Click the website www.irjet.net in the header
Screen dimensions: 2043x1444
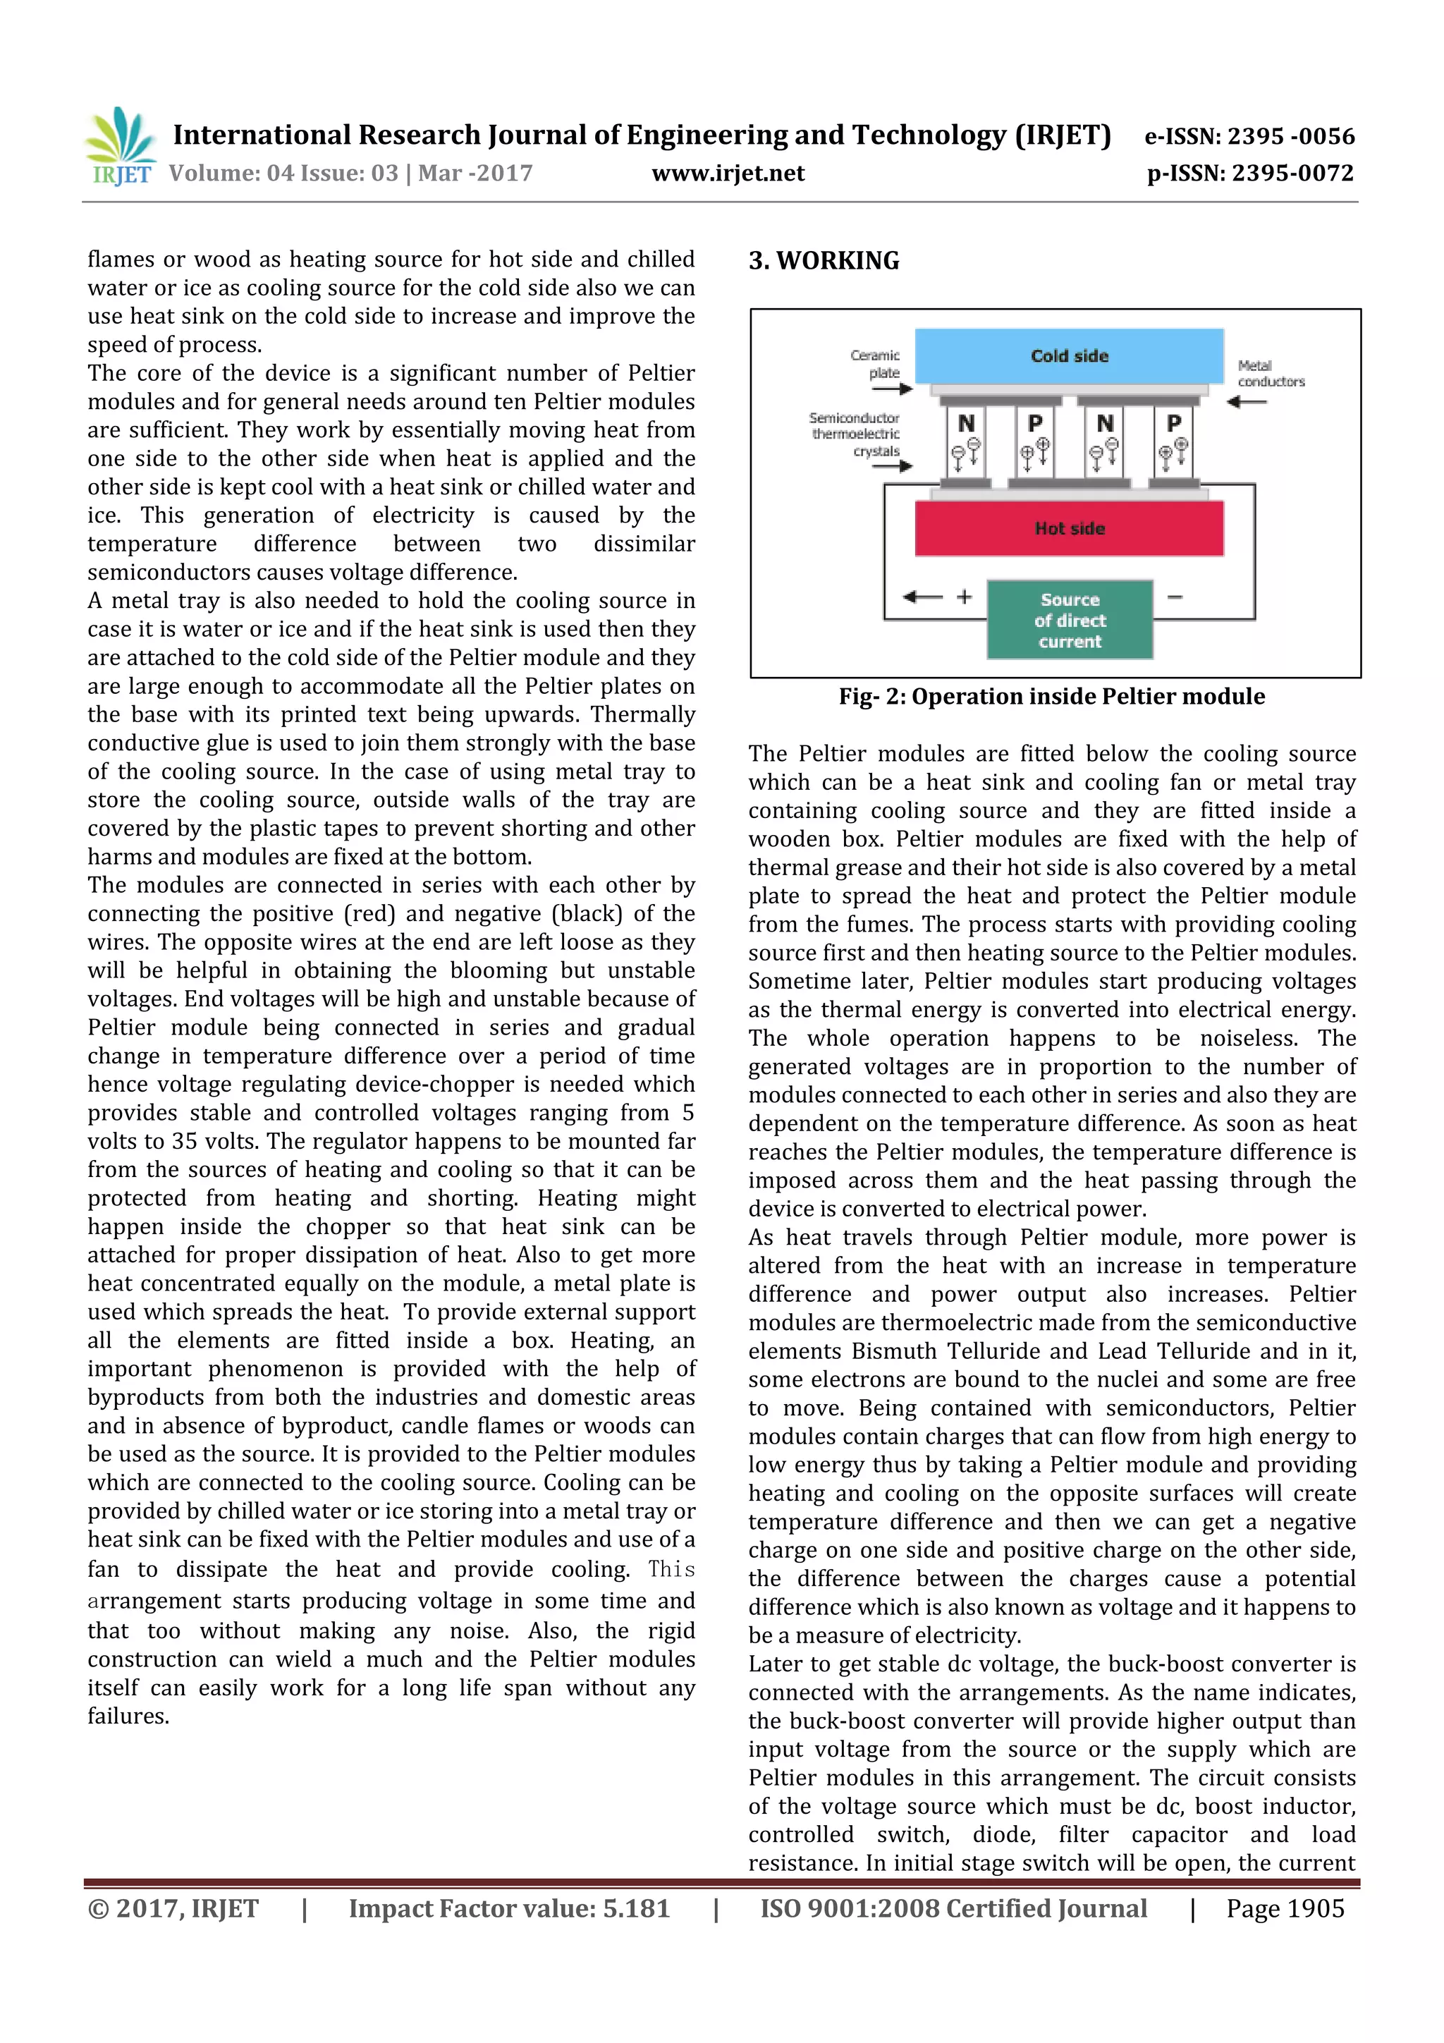point(727,173)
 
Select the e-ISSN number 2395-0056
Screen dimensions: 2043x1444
point(1249,136)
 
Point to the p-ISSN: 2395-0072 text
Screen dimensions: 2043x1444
point(1249,173)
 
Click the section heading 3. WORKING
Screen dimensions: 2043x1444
point(824,261)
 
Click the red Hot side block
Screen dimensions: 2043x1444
point(1068,528)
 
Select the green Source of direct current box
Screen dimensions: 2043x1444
point(1070,620)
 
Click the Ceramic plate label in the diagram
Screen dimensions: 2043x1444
point(876,364)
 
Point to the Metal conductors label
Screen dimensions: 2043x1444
point(1270,374)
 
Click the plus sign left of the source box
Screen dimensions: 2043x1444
point(965,597)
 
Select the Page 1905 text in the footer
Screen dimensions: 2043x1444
point(1284,1908)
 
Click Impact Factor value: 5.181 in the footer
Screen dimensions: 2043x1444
point(508,1908)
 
